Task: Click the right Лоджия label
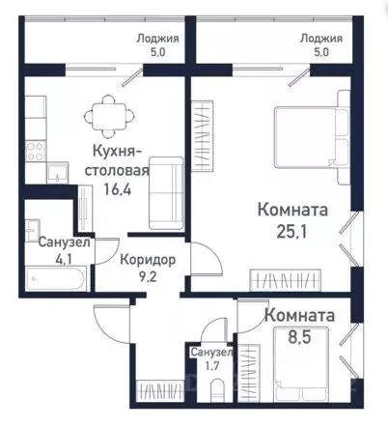320,39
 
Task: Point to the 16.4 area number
121,190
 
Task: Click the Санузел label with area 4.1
64,242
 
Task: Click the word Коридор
149,260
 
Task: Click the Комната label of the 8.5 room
299,315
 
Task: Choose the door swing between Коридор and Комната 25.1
201,260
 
